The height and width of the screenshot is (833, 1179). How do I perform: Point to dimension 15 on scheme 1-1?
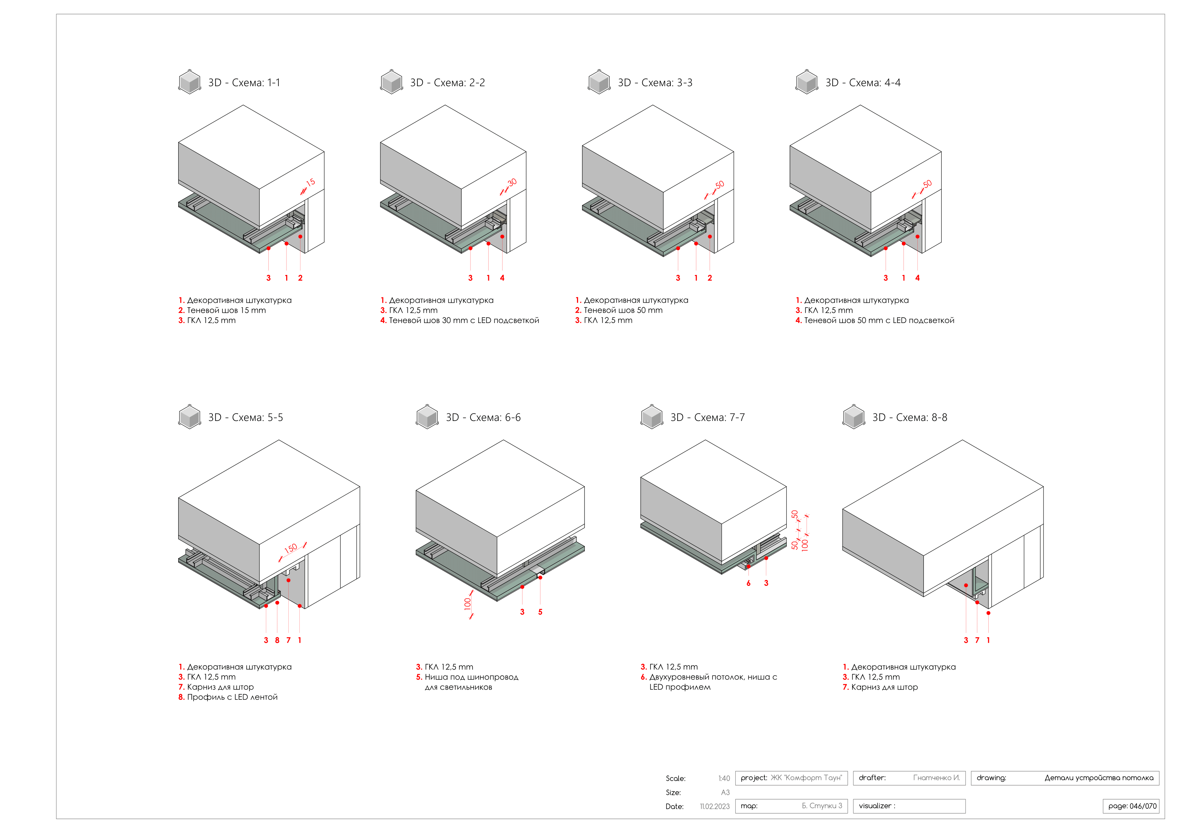pos(310,183)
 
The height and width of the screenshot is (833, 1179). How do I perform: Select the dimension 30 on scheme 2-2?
pos(512,183)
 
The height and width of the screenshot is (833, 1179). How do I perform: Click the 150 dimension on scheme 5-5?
pos(290,548)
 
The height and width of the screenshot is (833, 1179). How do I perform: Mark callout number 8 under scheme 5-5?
pos(277,640)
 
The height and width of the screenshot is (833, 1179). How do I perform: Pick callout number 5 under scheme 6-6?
pos(540,612)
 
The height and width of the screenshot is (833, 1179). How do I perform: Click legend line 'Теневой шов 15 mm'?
pos(226,310)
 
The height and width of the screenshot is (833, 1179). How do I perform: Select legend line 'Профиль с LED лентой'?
pos(232,697)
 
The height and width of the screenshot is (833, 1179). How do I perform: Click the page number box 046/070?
pos(1132,806)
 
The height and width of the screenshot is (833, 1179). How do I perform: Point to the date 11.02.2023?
pos(714,806)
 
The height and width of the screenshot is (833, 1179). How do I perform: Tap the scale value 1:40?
pos(724,779)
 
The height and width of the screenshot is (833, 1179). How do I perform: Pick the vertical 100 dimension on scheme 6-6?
pos(467,604)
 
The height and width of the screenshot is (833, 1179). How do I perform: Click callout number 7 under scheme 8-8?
pos(977,640)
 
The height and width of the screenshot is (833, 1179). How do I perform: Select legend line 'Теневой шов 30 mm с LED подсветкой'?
pos(464,320)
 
